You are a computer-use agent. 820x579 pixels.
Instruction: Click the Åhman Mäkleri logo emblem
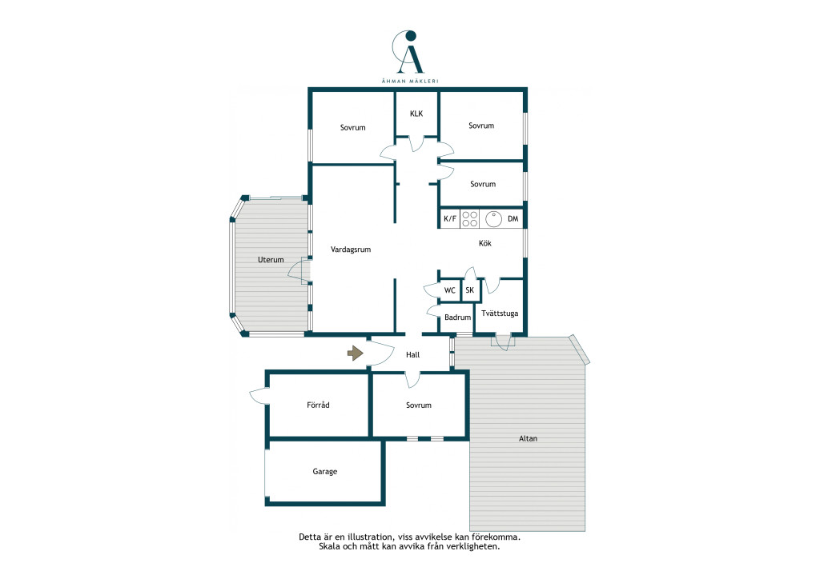click(408, 52)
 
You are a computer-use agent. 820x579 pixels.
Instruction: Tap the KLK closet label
click(416, 114)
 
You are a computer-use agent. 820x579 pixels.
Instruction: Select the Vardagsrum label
click(351, 250)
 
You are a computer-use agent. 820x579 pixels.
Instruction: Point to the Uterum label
click(271, 259)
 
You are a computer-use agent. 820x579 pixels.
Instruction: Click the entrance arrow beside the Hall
click(355, 353)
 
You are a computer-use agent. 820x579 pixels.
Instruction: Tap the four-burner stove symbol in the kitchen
click(469, 219)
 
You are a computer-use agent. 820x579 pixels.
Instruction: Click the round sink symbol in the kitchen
click(493, 219)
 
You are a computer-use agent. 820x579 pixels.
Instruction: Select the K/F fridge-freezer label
click(450, 219)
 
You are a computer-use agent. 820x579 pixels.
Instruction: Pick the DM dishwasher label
click(513, 219)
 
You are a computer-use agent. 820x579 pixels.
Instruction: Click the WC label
click(450, 290)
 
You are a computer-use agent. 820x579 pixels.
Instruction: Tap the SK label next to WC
click(469, 289)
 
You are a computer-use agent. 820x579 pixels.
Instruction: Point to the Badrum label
click(457, 317)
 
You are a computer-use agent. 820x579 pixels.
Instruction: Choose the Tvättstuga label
click(500, 313)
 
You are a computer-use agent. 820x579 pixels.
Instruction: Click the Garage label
click(325, 472)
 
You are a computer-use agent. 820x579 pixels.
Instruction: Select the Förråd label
click(318, 405)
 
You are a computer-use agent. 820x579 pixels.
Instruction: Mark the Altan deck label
click(528, 438)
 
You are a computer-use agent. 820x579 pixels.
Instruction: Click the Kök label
click(484, 243)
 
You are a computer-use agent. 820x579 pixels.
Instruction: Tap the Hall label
click(412, 354)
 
